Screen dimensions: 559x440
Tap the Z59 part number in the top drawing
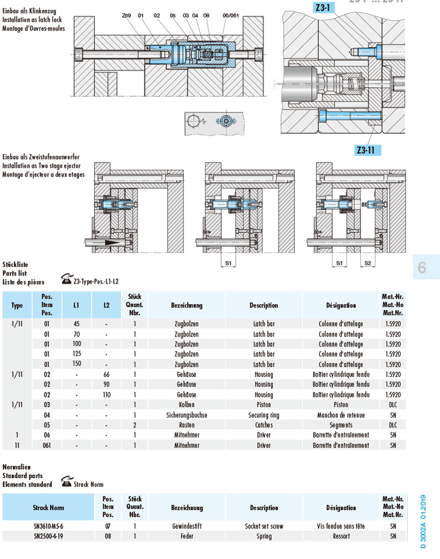126,16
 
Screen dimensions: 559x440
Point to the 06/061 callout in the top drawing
230,16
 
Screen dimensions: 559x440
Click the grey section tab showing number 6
422,268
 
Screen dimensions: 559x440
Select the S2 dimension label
367,262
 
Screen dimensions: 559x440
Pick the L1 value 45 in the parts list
76,323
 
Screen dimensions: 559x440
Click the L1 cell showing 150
76,364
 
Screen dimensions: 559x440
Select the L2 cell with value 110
106,395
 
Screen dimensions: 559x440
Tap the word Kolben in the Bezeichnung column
187,405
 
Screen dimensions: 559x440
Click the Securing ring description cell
263,415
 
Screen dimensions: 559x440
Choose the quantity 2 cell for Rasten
134,425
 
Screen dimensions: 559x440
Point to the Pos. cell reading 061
47,445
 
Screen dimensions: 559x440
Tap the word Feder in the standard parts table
187,536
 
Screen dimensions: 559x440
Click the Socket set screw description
264,526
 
